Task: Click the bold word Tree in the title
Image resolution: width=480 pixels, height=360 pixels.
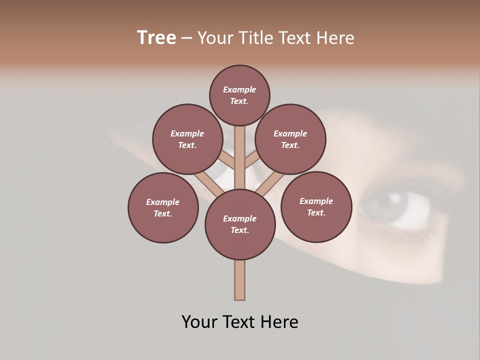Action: [156, 38]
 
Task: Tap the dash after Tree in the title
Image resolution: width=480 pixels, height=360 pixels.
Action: [186, 38]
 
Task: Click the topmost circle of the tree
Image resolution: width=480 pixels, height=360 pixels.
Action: [239, 95]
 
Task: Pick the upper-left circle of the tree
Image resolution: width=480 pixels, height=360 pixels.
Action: [187, 139]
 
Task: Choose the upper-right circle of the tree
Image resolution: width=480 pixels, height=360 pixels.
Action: [290, 139]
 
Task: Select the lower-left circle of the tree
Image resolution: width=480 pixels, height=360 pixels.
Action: [163, 207]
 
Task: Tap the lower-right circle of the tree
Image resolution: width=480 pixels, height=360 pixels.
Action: [316, 206]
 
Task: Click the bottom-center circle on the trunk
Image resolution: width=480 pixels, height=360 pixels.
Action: [240, 224]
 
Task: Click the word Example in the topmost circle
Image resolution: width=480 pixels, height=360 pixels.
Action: [239, 89]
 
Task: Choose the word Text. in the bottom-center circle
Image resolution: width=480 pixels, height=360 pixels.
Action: [239, 230]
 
